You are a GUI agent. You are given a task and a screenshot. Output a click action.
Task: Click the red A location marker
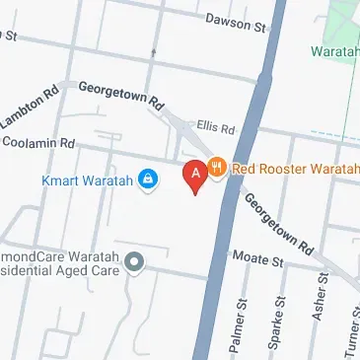pos(195,175)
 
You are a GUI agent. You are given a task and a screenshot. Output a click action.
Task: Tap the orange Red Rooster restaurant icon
pos(219,169)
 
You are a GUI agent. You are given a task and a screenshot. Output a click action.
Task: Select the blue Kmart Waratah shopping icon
pos(148,180)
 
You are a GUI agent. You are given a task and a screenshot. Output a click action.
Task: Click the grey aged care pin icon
pos(136,260)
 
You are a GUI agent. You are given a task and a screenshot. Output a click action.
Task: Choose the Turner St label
pos(353,330)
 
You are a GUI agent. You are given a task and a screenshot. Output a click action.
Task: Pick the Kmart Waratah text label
pos(88,180)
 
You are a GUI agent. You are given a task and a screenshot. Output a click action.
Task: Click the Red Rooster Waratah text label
pos(295,169)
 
